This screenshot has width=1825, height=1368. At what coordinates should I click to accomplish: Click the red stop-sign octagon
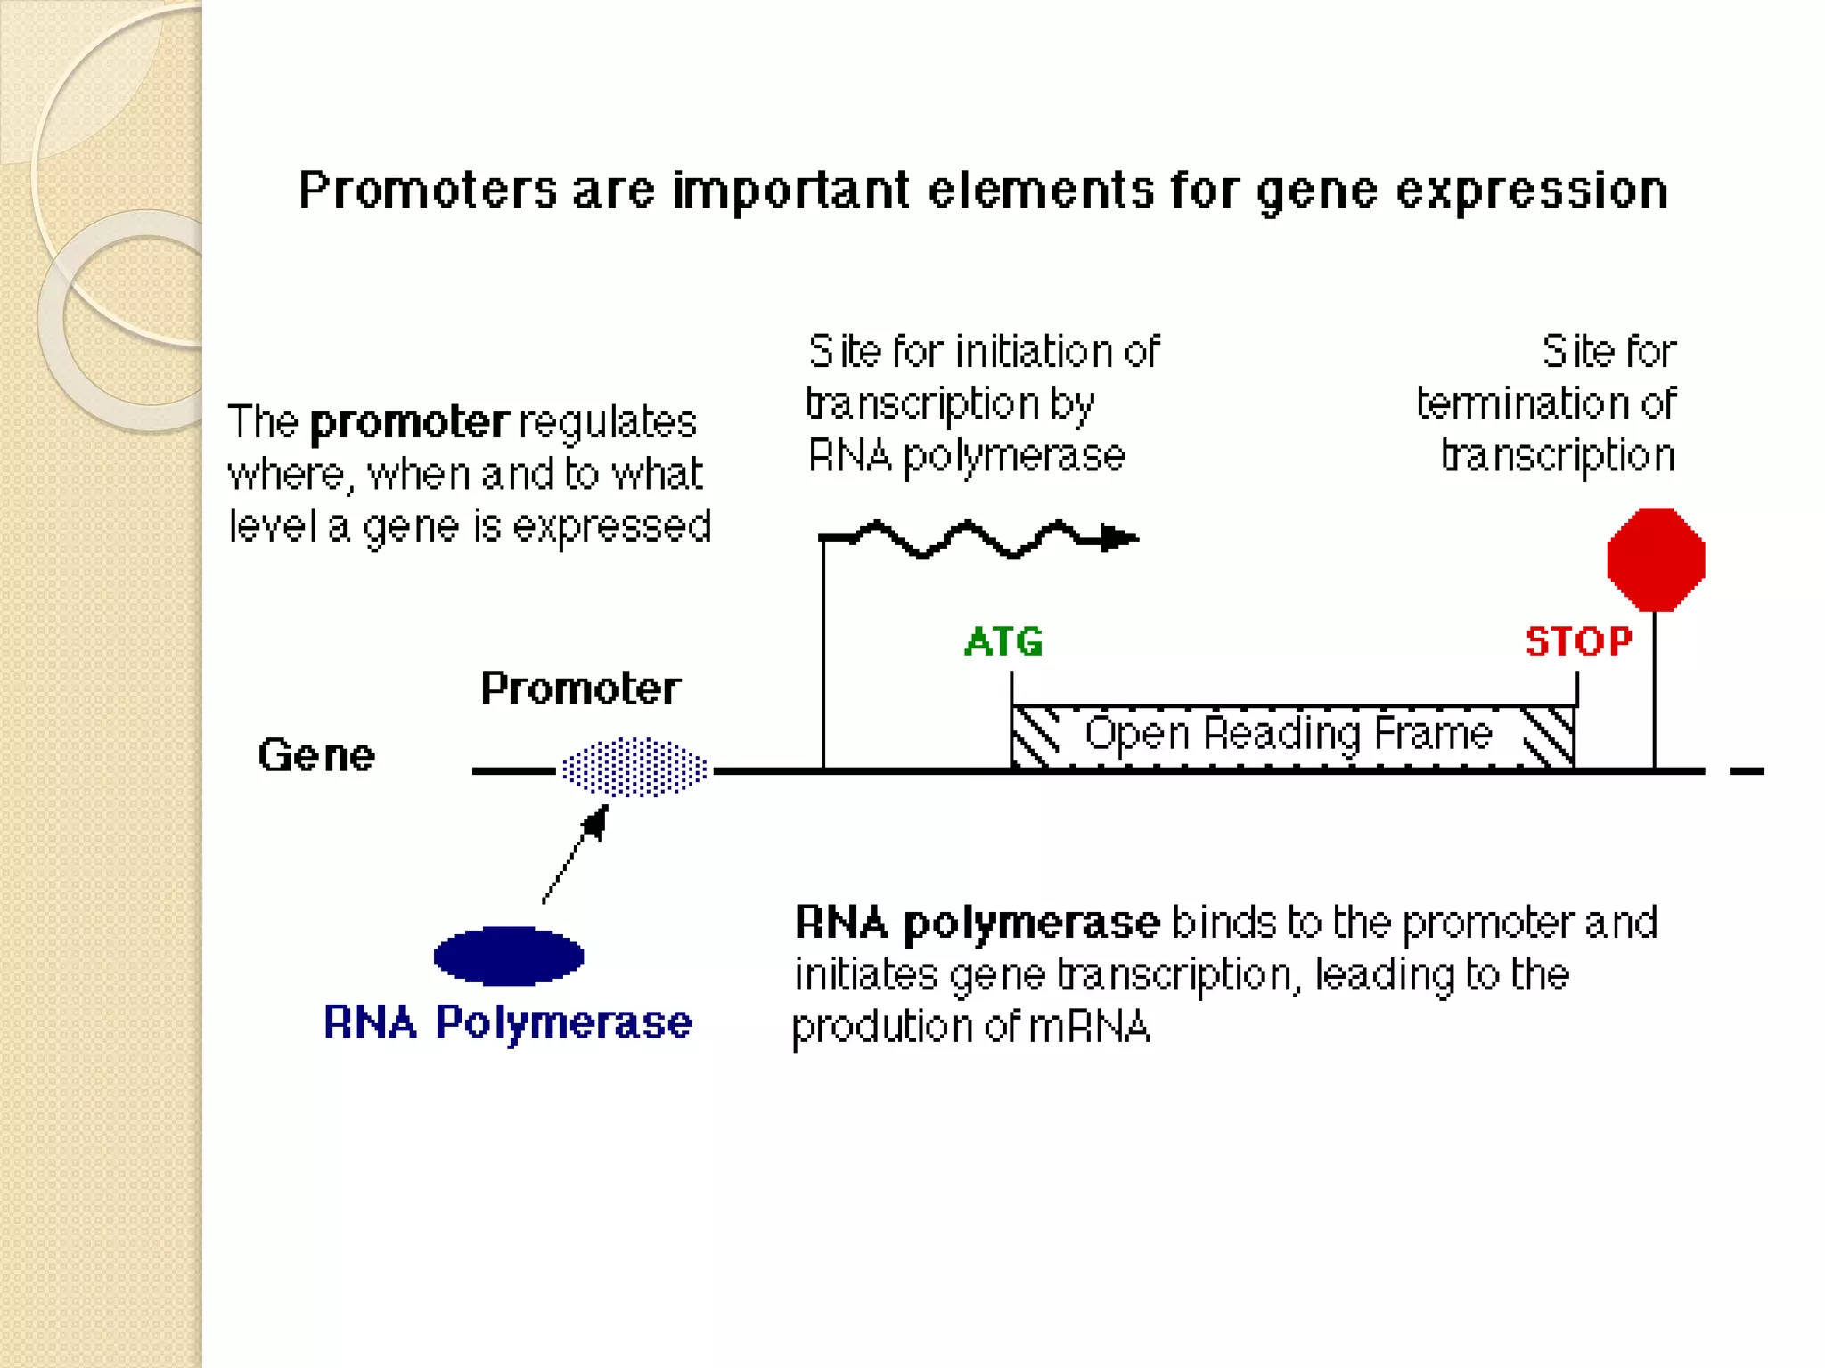pos(1656,559)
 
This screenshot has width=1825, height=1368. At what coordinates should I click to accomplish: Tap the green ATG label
pos(1003,641)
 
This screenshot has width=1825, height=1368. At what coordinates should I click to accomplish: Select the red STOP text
pos(1578,641)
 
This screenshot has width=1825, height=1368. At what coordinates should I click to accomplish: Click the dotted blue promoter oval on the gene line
pos(634,767)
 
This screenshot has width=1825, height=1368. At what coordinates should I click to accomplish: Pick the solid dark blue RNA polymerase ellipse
pos(509,956)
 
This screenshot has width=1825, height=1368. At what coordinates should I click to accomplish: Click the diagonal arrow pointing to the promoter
pos(575,855)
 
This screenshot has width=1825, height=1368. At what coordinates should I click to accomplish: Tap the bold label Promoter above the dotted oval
pos(580,688)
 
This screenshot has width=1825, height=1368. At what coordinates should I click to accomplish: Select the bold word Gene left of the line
pos(316,755)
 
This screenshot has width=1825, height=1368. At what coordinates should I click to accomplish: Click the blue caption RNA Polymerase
pos(507,1022)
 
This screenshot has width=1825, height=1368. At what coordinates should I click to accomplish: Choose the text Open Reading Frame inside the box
pos(1288,734)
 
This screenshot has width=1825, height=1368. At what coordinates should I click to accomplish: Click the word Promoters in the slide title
pos(428,190)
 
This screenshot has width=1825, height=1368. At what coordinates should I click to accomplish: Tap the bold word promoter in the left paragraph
pos(409,423)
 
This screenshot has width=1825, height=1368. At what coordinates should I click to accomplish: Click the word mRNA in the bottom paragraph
pos(1089,1027)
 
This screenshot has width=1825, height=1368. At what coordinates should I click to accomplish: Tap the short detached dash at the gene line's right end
pos(1746,771)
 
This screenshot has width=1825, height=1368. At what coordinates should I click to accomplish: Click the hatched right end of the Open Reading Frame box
pos(1549,737)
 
